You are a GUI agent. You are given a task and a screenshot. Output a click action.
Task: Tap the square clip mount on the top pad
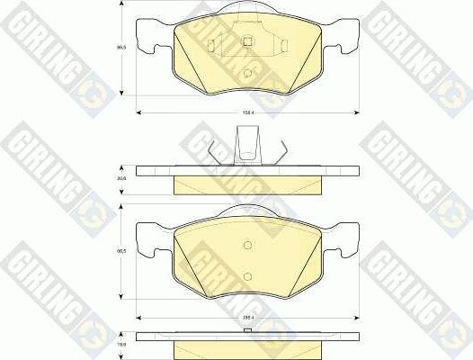(x=245, y=42)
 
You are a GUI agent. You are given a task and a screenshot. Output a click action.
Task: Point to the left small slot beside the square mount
(x=210, y=44)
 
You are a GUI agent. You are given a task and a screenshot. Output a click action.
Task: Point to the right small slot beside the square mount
(x=280, y=44)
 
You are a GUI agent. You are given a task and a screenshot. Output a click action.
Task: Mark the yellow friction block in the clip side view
(x=245, y=184)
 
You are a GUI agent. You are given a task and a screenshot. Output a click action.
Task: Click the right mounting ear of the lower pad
(x=342, y=243)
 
